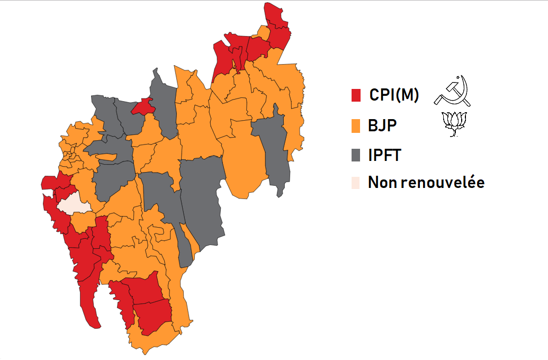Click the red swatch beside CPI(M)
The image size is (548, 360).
(356, 95)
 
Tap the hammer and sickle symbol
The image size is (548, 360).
(452, 92)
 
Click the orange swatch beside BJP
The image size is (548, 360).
(356, 126)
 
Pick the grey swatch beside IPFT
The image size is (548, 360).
(356, 156)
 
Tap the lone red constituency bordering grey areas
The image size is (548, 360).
(143, 106)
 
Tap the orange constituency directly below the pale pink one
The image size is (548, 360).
(82, 221)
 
